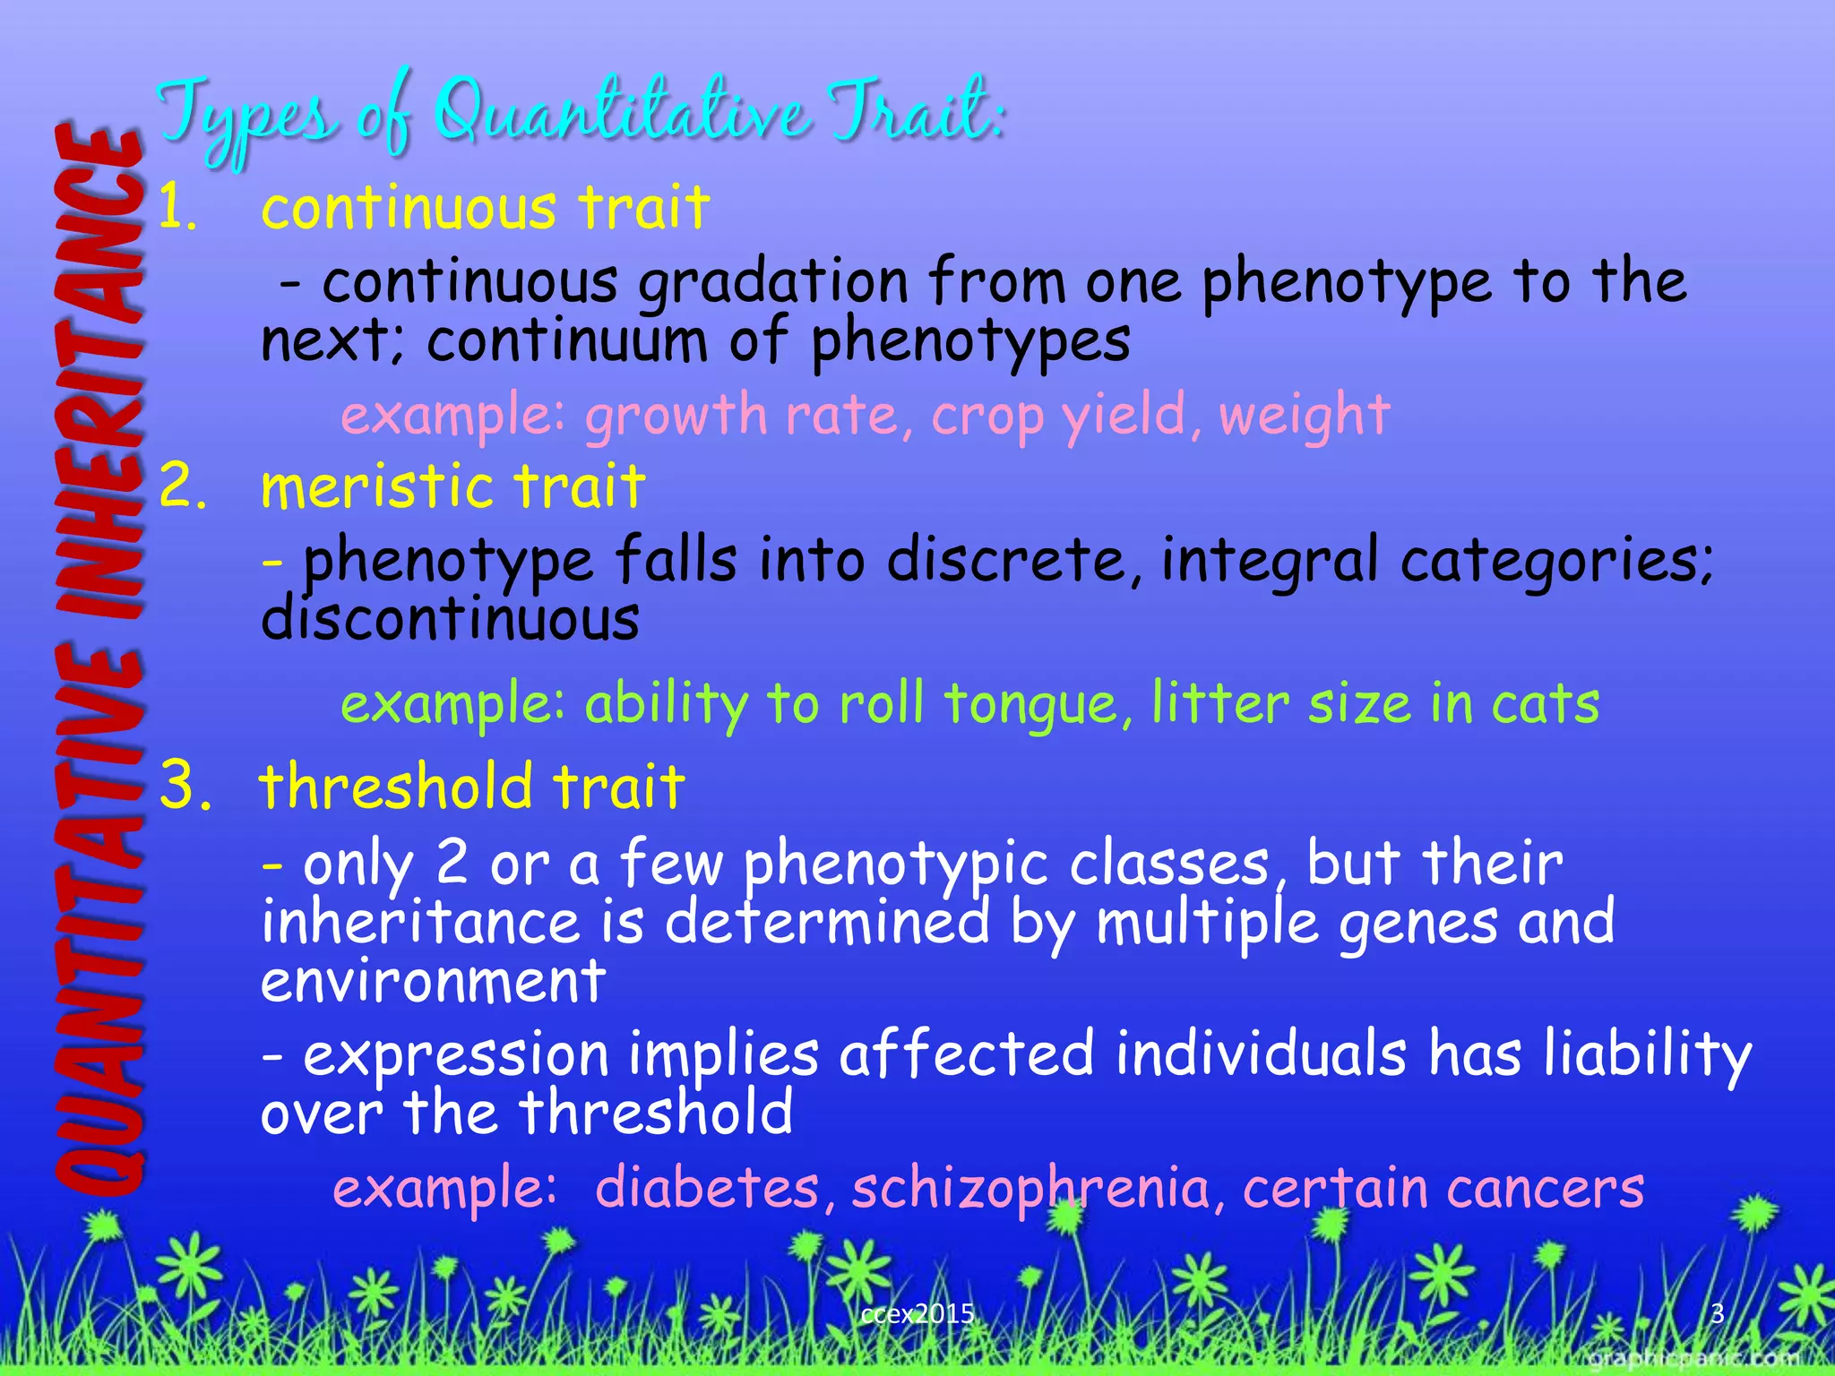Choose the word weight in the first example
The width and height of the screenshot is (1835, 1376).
click(1304, 416)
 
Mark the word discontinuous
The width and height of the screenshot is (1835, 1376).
click(450, 619)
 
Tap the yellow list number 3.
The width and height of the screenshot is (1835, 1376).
click(185, 786)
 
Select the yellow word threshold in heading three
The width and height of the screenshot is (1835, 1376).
click(396, 786)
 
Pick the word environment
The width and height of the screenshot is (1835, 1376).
click(433, 982)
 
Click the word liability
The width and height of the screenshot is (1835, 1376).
click(1648, 1053)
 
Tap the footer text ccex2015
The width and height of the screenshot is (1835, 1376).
click(917, 1313)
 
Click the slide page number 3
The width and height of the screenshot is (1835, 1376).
click(1718, 1313)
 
